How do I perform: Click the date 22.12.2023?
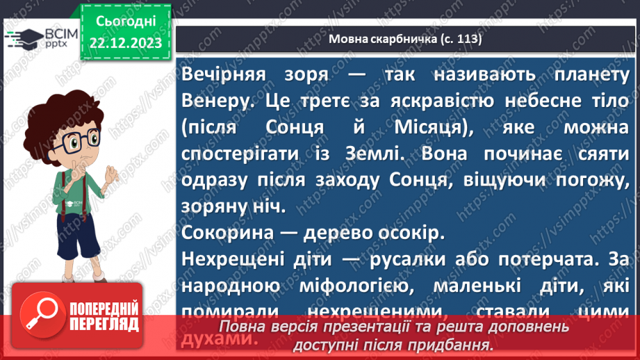coord(126,43)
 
